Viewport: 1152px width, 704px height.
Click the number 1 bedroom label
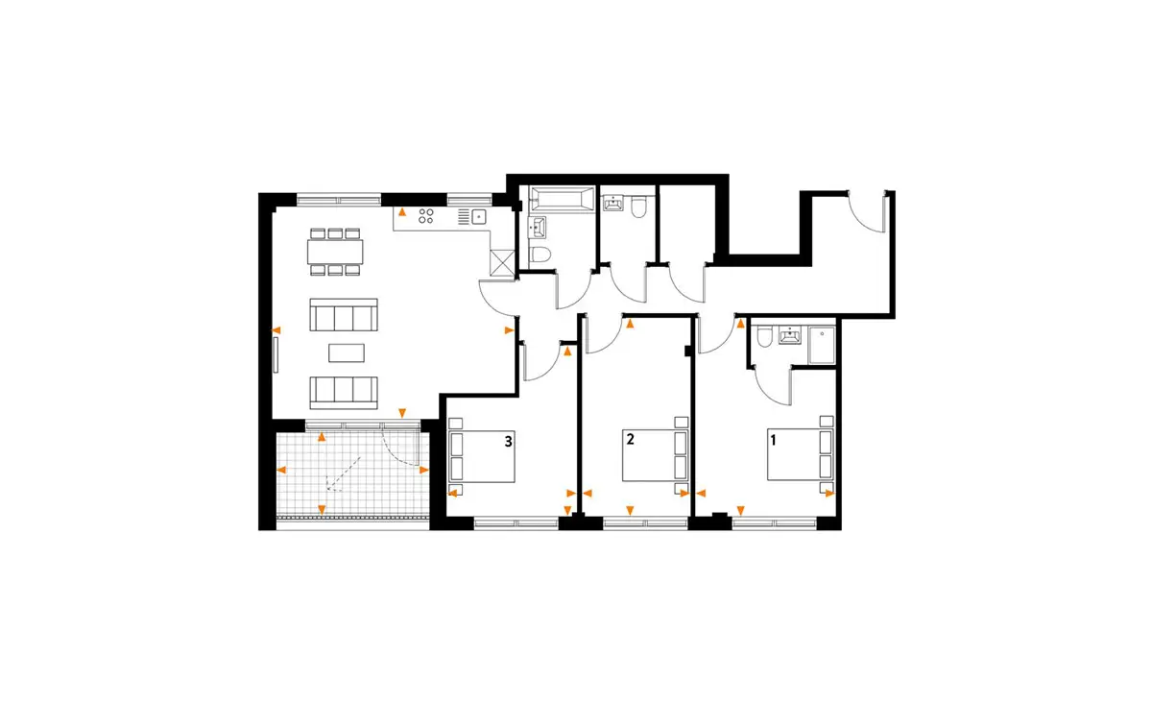click(x=773, y=440)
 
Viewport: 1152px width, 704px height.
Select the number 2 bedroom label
click(x=630, y=439)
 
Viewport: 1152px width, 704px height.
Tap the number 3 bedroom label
click(x=508, y=442)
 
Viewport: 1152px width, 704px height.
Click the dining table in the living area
click(x=335, y=252)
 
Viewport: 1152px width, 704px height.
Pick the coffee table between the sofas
click(x=347, y=353)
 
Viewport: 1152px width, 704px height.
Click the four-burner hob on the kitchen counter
click(x=426, y=216)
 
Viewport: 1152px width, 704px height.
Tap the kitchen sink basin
click(x=479, y=217)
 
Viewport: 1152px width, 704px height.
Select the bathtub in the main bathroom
click(x=562, y=199)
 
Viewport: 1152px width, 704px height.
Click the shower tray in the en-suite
click(x=822, y=345)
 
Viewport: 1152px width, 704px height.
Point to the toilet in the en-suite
click(x=764, y=336)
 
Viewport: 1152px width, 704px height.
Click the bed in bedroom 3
click(x=482, y=456)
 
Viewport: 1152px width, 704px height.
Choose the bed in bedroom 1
click(x=801, y=454)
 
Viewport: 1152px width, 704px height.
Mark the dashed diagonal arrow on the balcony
click(x=343, y=473)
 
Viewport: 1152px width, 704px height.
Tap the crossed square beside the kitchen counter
click(x=502, y=264)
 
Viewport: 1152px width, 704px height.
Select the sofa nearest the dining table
click(x=344, y=314)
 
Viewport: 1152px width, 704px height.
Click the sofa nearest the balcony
click(x=344, y=393)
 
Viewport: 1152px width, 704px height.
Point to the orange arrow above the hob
click(x=402, y=211)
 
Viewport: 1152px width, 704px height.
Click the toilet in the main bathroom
click(x=540, y=255)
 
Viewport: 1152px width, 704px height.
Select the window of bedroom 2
click(x=645, y=523)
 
